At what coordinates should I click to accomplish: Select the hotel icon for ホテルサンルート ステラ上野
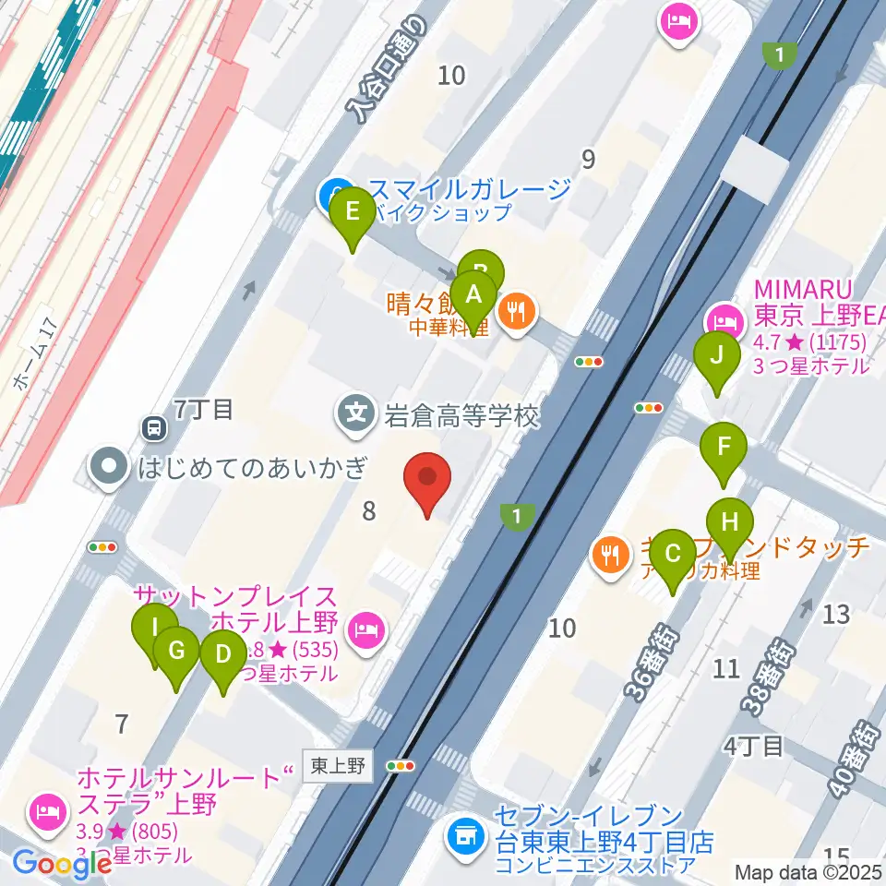pyautogui.click(x=47, y=811)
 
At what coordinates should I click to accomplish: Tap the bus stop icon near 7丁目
pyautogui.click(x=152, y=427)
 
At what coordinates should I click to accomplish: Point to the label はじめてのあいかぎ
pyautogui.click(x=252, y=466)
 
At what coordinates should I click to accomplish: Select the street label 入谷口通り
pyautogui.click(x=388, y=71)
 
